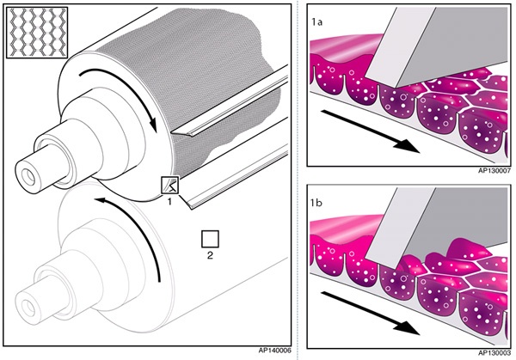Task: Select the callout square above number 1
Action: (x=170, y=185)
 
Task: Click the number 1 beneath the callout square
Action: (x=170, y=202)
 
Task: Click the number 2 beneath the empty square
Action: (x=210, y=255)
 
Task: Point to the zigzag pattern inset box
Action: (x=34, y=34)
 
